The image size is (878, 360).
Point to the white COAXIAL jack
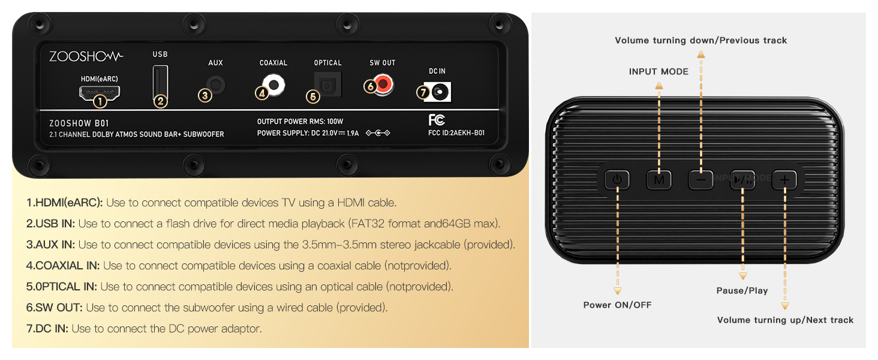(274, 85)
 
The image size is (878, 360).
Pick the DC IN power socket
(440, 92)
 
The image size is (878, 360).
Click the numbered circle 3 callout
(205, 95)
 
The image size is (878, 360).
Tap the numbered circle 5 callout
(312, 96)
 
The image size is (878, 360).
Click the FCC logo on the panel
(437, 120)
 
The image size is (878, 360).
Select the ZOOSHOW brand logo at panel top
(86, 56)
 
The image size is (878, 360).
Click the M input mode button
(659, 179)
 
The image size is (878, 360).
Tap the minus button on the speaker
(700, 179)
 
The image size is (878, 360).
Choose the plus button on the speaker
(784, 179)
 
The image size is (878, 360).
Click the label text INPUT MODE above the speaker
(659, 71)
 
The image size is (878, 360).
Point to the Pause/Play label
(742, 290)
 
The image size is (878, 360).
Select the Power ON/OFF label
(617, 305)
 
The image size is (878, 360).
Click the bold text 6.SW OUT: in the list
(55, 308)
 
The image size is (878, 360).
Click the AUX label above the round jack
(215, 63)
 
